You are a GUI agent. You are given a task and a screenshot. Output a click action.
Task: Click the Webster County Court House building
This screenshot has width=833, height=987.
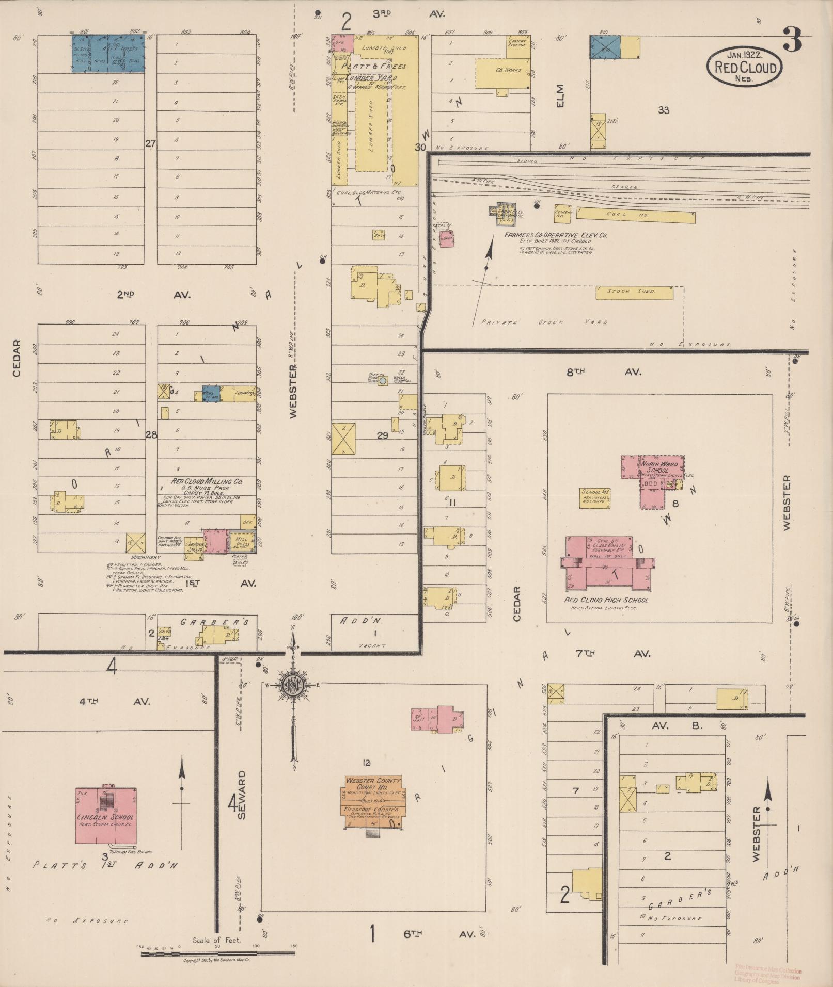point(373,803)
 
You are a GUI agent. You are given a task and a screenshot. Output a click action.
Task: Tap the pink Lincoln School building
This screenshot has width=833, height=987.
point(106,816)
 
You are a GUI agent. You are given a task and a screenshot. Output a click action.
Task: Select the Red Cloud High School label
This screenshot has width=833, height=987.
point(606,600)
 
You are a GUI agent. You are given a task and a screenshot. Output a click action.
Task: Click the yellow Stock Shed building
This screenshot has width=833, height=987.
point(635,292)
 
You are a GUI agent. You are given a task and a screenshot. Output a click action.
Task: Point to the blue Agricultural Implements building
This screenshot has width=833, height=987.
point(107,53)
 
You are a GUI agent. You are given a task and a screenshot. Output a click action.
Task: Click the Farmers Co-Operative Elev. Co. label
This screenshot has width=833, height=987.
point(555,235)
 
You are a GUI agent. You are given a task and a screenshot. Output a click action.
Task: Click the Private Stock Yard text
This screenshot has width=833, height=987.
point(544,322)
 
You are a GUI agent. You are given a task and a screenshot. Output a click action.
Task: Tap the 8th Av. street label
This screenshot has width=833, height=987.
point(603,371)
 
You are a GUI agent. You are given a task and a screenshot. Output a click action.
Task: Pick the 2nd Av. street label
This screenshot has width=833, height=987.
point(153,295)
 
